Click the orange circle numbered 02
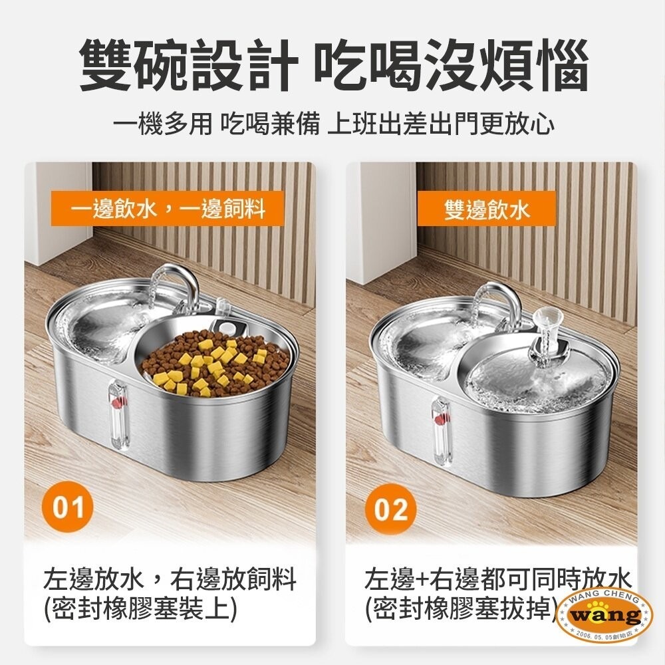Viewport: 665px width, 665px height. (390, 509)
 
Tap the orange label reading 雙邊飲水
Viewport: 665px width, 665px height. (487, 209)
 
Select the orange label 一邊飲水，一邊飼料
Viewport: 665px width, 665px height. (169, 209)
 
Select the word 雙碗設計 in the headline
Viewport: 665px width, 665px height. (188, 67)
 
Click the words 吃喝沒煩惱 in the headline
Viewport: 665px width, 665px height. (451, 67)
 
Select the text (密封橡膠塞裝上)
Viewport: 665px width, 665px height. (140, 609)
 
